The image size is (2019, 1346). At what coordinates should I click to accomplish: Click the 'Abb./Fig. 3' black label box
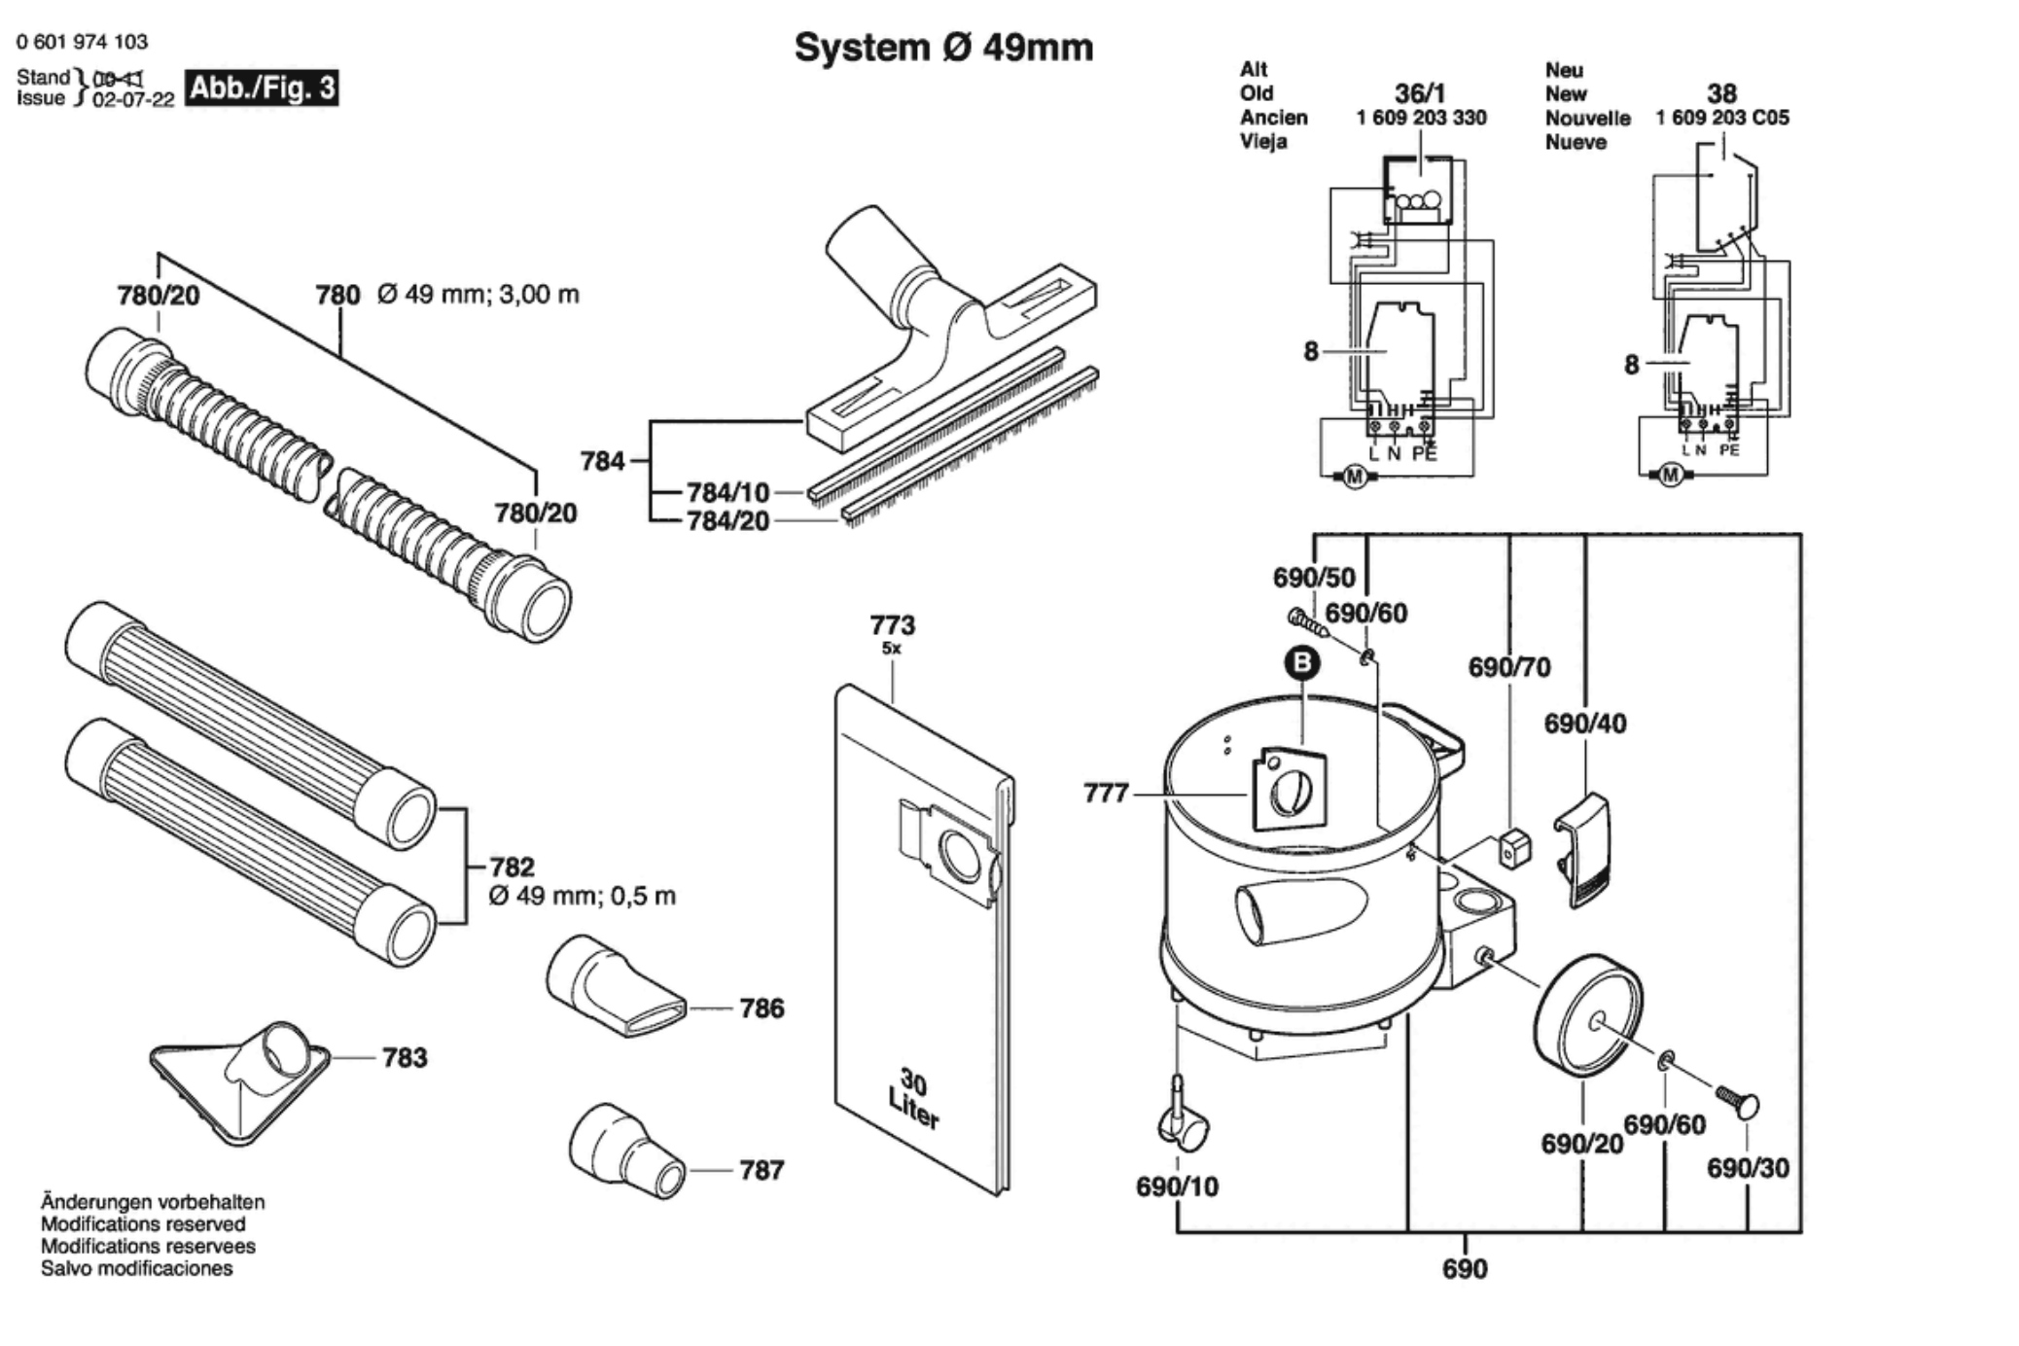pyautogui.click(x=262, y=89)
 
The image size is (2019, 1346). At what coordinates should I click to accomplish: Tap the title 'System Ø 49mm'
pyautogui.click(x=943, y=48)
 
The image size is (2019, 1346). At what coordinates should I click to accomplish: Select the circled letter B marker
pyautogui.click(x=1302, y=663)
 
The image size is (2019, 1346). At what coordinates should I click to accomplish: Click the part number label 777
pyautogui.click(x=1106, y=794)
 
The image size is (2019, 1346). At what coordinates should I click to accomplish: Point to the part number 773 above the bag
pyautogui.click(x=892, y=624)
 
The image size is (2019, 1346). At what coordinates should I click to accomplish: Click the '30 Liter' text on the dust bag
pyautogui.click(x=913, y=1099)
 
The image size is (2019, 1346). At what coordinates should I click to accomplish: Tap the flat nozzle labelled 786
pyautogui.click(x=615, y=986)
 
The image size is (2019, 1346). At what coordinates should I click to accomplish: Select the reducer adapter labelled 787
pyautogui.click(x=626, y=1151)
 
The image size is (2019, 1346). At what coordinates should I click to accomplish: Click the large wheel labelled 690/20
pyautogui.click(x=1587, y=1015)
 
